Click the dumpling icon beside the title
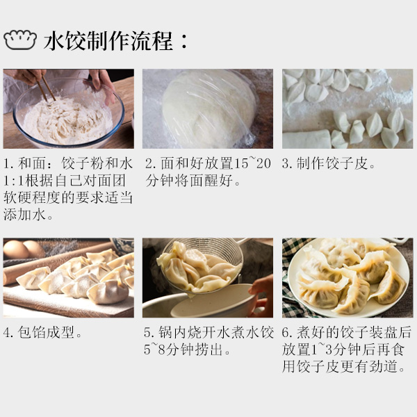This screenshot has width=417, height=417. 20,40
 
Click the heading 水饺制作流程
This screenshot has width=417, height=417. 108,41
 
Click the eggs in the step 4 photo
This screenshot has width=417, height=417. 23,250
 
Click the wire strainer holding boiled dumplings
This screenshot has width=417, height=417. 202,263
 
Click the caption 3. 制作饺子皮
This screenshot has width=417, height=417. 329,163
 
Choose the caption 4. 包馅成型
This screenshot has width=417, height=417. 42,332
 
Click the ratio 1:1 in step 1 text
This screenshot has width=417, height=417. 13,180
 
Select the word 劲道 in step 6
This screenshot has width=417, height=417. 384,366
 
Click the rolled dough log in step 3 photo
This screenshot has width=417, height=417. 307,139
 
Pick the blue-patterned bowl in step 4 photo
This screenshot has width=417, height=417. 123,245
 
